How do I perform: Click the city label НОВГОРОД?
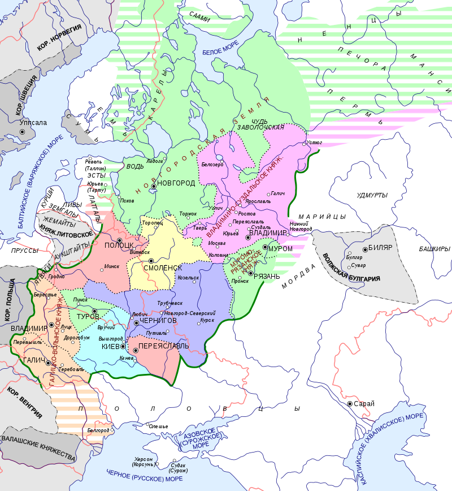click(176, 183)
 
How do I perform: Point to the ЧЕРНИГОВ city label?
click(158, 321)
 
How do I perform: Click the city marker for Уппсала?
click(23, 132)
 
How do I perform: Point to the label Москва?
click(217, 243)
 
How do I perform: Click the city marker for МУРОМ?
click(265, 247)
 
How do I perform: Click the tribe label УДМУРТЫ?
click(372, 195)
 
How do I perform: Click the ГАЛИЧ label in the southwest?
click(34, 359)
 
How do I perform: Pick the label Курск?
click(207, 321)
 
